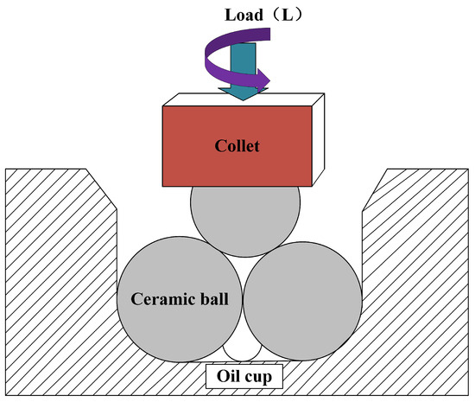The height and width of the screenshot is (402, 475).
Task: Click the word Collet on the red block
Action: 238,144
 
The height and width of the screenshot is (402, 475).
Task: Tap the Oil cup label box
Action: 244,378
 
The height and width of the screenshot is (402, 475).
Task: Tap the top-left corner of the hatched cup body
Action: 7,170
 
